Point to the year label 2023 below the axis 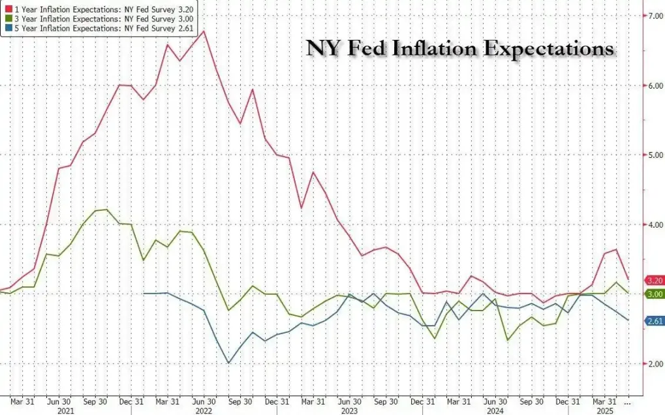(x=349, y=411)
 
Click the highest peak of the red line (x=204, y=31)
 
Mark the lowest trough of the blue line (x=228, y=363)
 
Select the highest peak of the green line (x=107, y=209)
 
